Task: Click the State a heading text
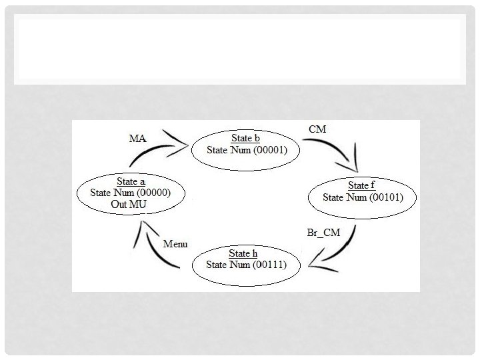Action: [x=131, y=181]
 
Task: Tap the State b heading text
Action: [x=245, y=138]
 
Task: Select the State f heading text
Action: [x=361, y=185]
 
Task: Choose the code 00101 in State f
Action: [x=385, y=197]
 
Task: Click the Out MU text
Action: [x=129, y=204]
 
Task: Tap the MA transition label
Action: [x=137, y=138]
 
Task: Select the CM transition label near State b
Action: [x=318, y=129]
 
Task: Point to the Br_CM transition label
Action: [x=323, y=232]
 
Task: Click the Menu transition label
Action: [x=175, y=244]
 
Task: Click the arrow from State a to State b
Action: [x=155, y=151]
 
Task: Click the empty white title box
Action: [x=240, y=50]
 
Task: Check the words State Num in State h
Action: [x=227, y=265]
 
